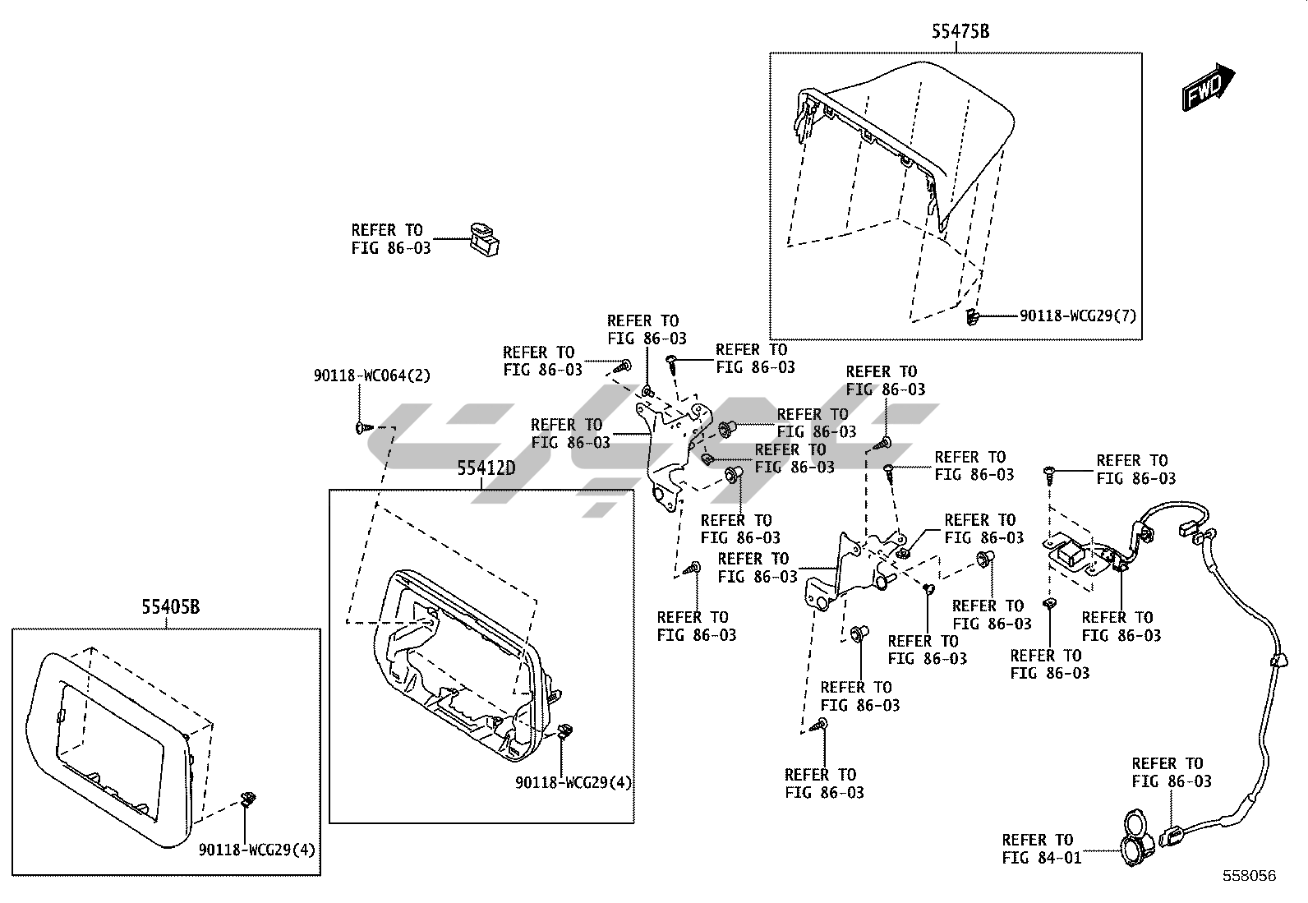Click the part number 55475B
pos(960,32)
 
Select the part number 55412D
pos(486,468)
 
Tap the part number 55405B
pos(171,607)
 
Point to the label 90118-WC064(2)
pos(371,375)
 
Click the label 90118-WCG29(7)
pos(1078,316)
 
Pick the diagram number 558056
pos(1249,876)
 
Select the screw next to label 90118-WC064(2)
pos(363,427)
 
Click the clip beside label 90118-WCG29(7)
pos(972,316)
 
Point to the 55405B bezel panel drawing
pos(107,739)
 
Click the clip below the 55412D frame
pos(564,730)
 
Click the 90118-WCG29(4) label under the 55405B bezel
pos(256,849)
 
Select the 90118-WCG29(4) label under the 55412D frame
pos(573,782)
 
